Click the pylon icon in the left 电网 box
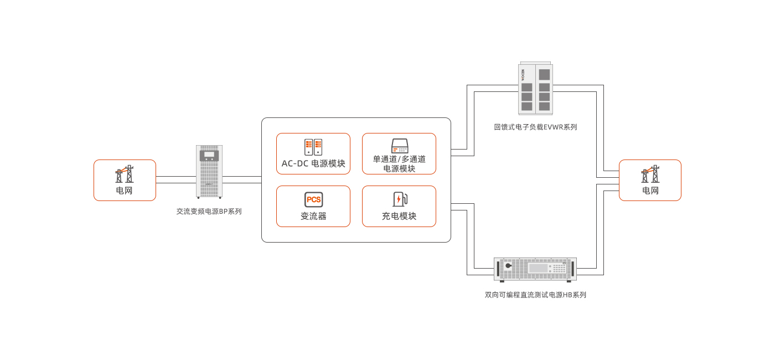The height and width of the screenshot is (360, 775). [125, 174]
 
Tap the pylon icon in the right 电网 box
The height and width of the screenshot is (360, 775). [650, 174]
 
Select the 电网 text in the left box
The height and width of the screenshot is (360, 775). [125, 191]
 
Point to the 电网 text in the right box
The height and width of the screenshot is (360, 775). [650, 191]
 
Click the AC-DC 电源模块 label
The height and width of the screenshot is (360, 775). [313, 164]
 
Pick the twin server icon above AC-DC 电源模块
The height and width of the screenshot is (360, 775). [313, 147]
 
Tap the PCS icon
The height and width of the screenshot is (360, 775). [313, 199]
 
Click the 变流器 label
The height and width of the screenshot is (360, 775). [313, 217]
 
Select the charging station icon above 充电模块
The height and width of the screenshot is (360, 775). [399, 199]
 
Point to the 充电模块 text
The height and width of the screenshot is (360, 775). [399, 217]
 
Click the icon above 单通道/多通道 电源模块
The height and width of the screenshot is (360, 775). [399, 146]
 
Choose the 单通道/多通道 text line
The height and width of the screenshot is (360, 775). [399, 160]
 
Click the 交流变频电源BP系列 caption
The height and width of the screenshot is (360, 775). [209, 212]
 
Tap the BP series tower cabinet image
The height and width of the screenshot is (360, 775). [209, 172]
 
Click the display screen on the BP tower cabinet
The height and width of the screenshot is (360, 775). [209, 155]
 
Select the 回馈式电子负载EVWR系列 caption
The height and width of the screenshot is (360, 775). [535, 127]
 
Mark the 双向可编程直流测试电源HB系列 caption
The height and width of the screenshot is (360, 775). [535, 295]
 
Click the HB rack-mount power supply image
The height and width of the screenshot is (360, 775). [535, 269]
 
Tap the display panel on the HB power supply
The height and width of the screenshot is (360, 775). [538, 268]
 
